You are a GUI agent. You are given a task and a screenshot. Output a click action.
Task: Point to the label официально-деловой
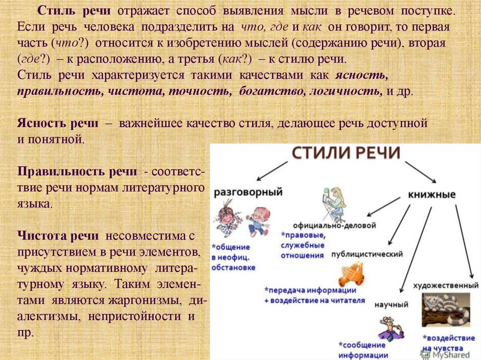point(334,225)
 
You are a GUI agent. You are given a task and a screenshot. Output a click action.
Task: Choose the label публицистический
point(367,254)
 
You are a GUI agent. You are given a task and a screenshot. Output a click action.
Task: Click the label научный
point(391,305)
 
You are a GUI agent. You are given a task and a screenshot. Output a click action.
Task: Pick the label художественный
point(446,285)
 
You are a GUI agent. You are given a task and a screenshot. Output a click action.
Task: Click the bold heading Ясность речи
point(58,123)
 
